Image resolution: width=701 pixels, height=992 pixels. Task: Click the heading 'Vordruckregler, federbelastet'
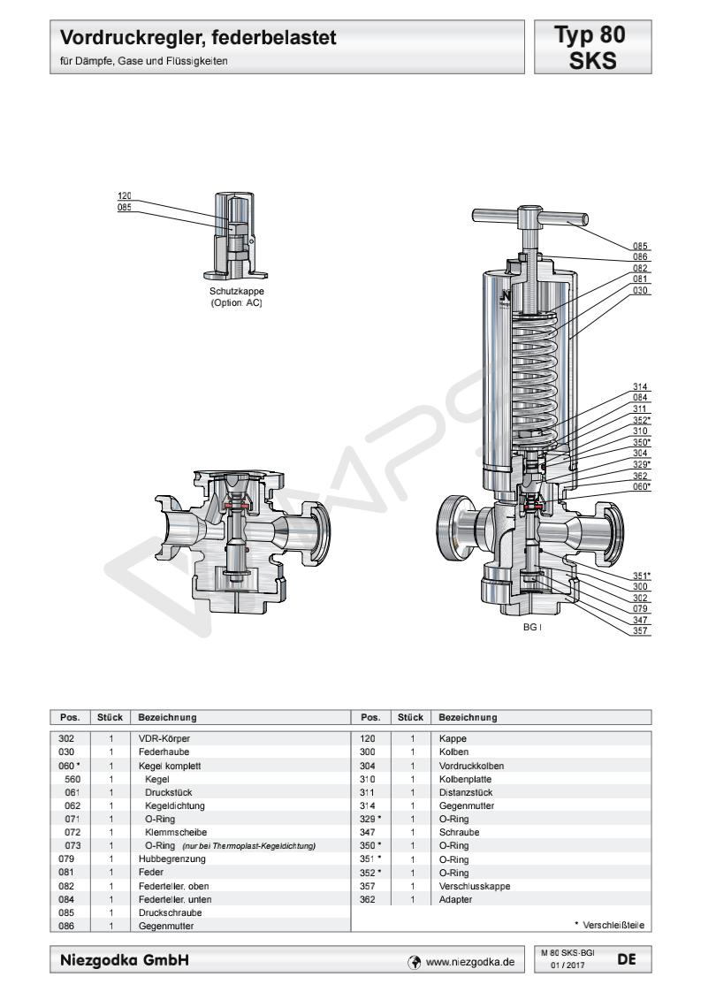(199, 39)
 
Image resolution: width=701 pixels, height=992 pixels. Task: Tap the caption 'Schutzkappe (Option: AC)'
(236, 296)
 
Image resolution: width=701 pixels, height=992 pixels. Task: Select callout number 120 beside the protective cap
(125, 196)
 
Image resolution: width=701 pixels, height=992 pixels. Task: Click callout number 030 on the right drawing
(641, 290)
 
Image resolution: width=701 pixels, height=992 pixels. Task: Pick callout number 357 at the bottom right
(641, 630)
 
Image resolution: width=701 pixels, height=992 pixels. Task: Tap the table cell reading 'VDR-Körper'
(164, 737)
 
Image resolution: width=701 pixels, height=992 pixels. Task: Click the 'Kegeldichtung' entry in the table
(173, 806)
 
